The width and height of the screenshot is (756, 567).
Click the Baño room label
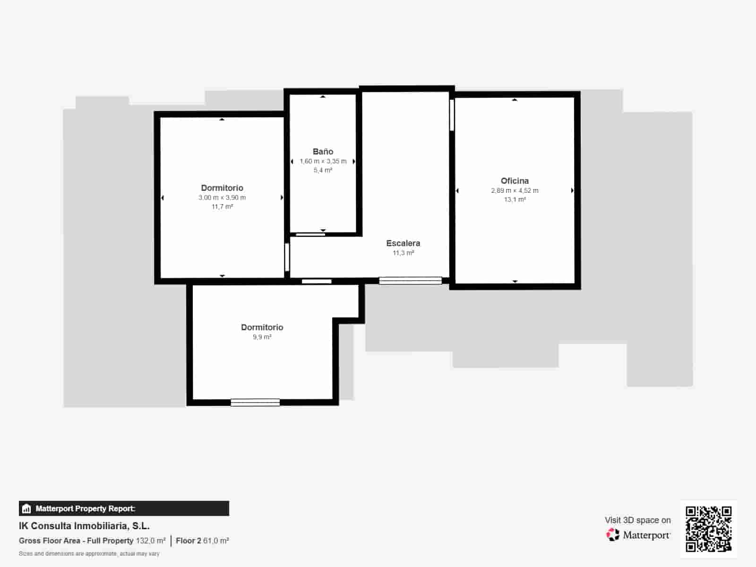(x=323, y=152)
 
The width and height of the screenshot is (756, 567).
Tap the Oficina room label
(x=515, y=181)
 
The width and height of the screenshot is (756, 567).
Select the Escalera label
(x=403, y=243)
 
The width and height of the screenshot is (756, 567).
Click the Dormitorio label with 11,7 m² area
(x=222, y=188)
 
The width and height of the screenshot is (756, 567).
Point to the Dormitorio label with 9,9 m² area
(x=262, y=327)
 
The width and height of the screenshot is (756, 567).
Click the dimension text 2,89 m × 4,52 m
(x=515, y=190)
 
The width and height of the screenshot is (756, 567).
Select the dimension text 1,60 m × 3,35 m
(x=323, y=161)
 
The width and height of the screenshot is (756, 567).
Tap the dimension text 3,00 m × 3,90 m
(x=222, y=198)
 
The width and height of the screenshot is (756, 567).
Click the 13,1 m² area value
(x=515, y=199)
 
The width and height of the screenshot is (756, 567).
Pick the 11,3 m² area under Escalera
(x=404, y=253)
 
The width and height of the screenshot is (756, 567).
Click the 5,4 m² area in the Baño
(x=323, y=170)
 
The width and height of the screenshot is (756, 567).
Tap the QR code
(x=708, y=529)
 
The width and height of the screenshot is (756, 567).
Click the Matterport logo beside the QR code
(x=638, y=535)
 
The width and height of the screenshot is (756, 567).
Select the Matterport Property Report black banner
(x=124, y=508)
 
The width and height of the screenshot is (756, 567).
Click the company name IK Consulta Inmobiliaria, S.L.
(x=85, y=526)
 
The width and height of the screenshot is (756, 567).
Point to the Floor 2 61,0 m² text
(x=203, y=541)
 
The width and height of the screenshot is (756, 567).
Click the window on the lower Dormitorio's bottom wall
(x=255, y=403)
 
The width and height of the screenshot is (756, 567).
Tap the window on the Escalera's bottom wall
(x=411, y=281)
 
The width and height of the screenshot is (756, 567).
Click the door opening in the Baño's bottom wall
(x=310, y=235)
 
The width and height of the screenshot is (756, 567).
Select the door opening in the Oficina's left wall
(x=452, y=115)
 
